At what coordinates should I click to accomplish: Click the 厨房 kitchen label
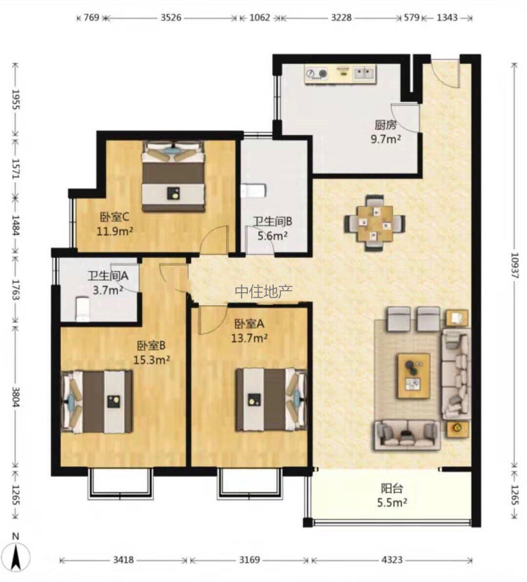385,125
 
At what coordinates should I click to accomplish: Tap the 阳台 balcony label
392,488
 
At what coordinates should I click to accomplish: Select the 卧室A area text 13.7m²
249,338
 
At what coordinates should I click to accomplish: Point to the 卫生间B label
273,221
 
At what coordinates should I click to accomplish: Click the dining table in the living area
375,223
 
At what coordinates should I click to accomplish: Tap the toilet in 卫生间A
82,308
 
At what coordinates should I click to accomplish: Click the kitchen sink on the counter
365,73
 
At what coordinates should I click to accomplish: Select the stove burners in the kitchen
317,74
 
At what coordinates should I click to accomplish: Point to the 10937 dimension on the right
514,265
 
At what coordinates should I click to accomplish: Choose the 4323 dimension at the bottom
392,560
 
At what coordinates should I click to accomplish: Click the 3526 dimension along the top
171,18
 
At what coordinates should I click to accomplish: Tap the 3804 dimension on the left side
16,397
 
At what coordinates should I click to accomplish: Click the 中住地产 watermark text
263,291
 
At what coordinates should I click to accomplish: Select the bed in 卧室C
173,176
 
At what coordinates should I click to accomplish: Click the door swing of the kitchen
405,118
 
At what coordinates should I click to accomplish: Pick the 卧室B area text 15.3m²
152,360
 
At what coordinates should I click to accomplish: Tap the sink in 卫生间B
253,191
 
